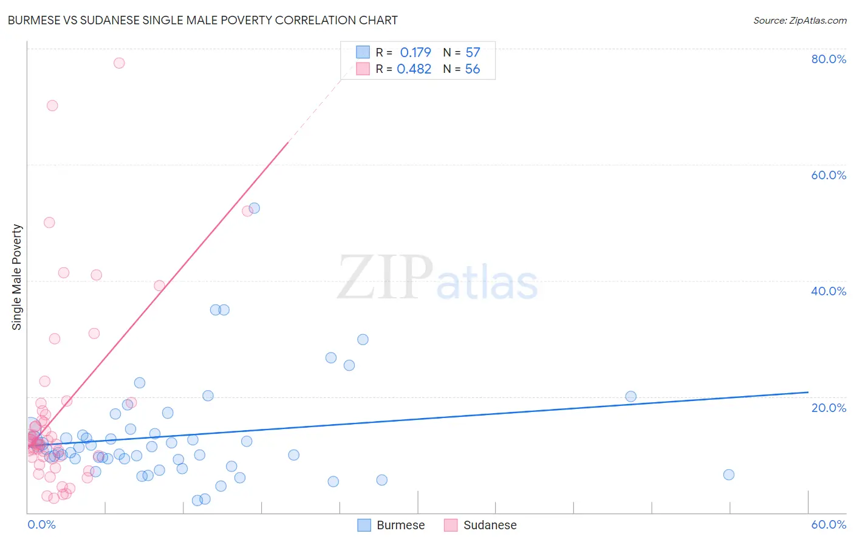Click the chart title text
[202, 20]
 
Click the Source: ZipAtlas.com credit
[799, 20]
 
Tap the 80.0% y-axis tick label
[828, 59]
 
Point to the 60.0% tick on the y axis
[828, 175]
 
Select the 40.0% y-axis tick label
[828, 291]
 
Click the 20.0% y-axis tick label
[828, 407]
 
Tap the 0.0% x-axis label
[41, 524]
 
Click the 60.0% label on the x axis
[828, 524]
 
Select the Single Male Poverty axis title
[17, 277]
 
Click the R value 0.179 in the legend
[415, 53]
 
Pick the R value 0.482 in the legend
[414, 69]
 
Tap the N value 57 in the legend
[473, 53]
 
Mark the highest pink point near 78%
[119, 63]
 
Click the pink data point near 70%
[52, 106]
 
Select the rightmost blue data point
[729, 475]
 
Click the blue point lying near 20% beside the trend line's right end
[630, 396]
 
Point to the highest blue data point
[254, 208]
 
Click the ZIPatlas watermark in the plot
[437, 278]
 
